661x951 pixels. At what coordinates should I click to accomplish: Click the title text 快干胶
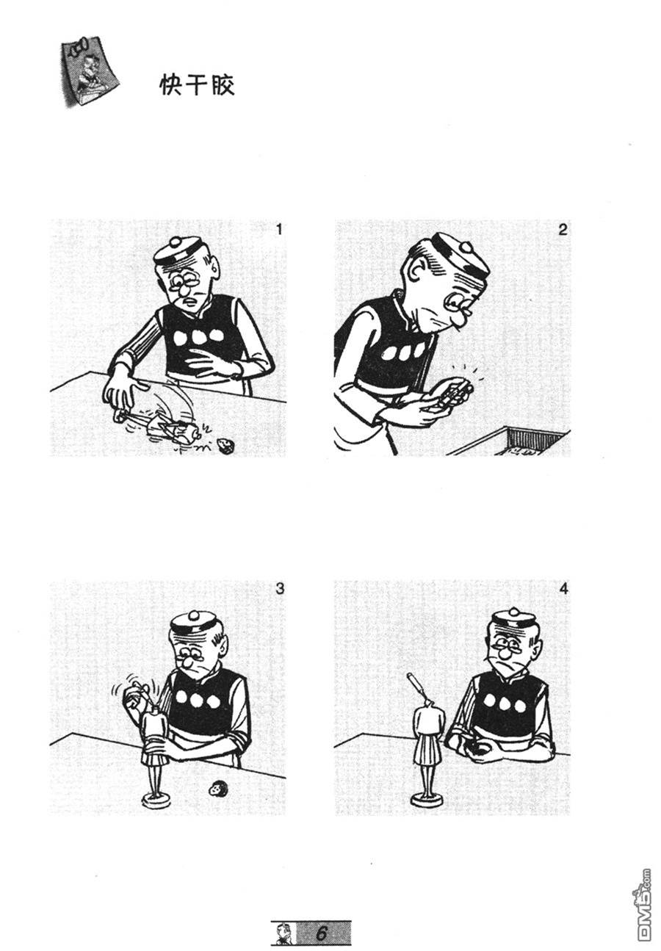click(197, 85)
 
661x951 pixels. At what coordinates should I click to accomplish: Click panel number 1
click(278, 230)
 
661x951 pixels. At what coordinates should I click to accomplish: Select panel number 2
click(563, 230)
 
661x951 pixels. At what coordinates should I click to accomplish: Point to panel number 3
click(279, 589)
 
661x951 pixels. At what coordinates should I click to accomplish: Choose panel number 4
click(563, 589)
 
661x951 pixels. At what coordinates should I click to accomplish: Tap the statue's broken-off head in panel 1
click(225, 445)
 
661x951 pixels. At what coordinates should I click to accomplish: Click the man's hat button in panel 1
click(176, 243)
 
